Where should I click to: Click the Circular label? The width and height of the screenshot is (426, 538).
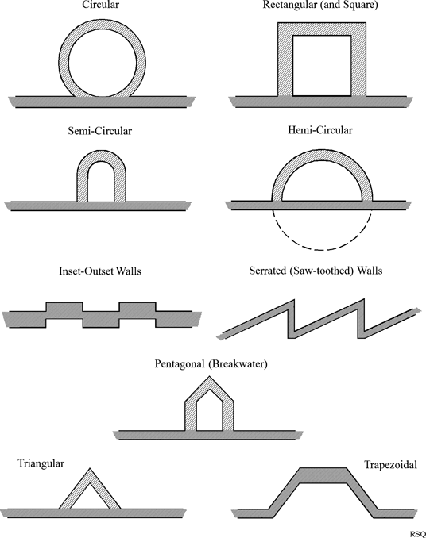(x=100, y=5)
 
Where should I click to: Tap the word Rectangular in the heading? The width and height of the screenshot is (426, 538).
(x=290, y=6)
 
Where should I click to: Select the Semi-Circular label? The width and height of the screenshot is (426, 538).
(x=99, y=131)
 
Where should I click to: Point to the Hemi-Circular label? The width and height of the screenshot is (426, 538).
(x=319, y=130)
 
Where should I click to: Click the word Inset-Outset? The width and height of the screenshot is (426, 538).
(x=86, y=271)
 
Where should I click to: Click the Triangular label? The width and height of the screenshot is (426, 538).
(x=41, y=464)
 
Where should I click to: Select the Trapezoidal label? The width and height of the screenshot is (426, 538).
(x=390, y=465)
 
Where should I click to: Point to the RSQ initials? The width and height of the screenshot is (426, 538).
(x=418, y=534)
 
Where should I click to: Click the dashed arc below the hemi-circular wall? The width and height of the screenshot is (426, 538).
(x=322, y=249)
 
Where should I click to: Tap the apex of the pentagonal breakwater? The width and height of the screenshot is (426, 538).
(x=209, y=376)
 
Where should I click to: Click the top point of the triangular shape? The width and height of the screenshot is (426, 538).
(x=90, y=468)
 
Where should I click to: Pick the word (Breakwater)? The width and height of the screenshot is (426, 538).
(x=238, y=364)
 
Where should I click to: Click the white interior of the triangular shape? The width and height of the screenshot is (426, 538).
(x=90, y=499)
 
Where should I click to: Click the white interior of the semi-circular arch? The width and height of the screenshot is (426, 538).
(x=101, y=183)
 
